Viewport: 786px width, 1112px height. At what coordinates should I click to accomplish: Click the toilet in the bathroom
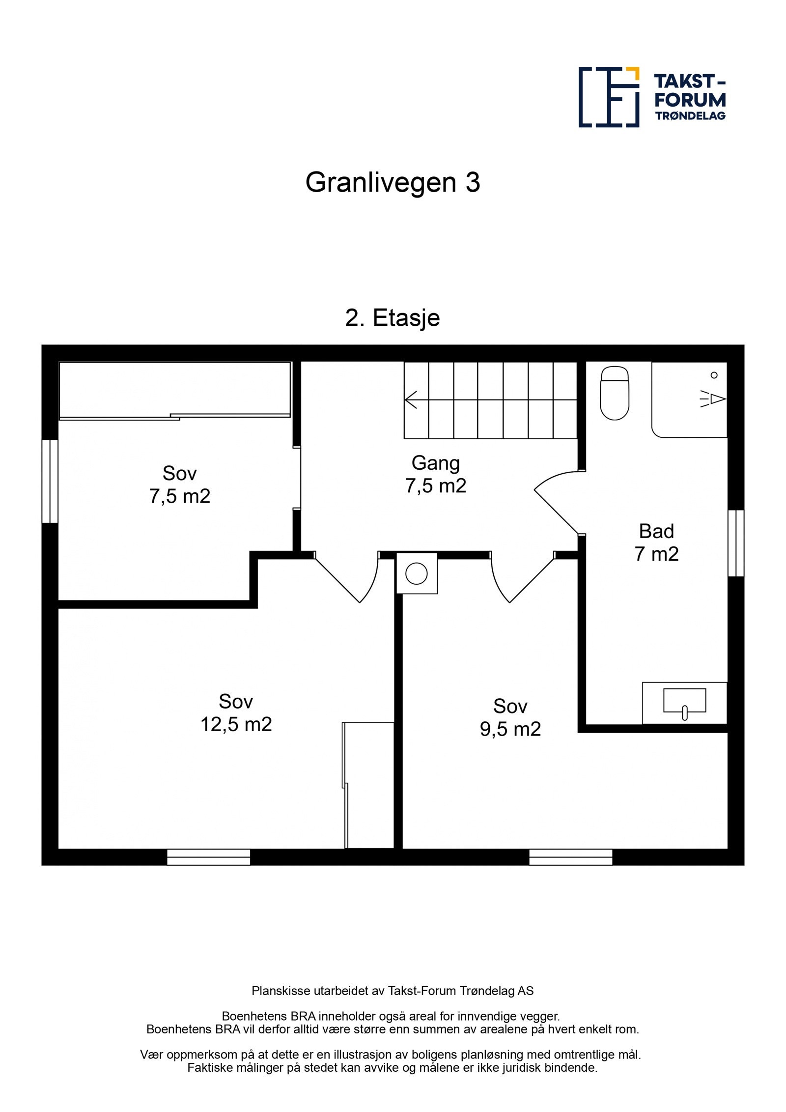point(615,394)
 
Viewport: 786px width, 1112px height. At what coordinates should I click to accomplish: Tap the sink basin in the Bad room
point(684,701)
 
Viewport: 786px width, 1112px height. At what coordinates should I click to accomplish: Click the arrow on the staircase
point(411,399)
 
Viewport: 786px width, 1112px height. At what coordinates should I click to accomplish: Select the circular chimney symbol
point(417,573)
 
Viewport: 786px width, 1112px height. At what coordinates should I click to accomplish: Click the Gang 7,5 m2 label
point(436,474)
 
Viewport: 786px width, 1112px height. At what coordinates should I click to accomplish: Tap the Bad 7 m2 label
point(656,542)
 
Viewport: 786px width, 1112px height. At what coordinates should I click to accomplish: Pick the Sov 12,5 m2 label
point(236,713)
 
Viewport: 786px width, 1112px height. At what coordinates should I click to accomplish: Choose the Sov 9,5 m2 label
point(510,717)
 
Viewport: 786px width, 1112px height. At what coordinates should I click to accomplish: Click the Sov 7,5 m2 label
point(180,485)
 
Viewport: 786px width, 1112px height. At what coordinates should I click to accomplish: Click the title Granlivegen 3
point(393,182)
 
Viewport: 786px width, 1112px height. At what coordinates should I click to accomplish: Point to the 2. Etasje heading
point(393,317)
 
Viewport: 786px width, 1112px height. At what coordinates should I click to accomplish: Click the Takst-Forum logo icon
point(609,97)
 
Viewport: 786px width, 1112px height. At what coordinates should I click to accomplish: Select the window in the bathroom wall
point(735,543)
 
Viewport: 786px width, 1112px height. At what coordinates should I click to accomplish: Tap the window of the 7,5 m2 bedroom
point(50,481)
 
